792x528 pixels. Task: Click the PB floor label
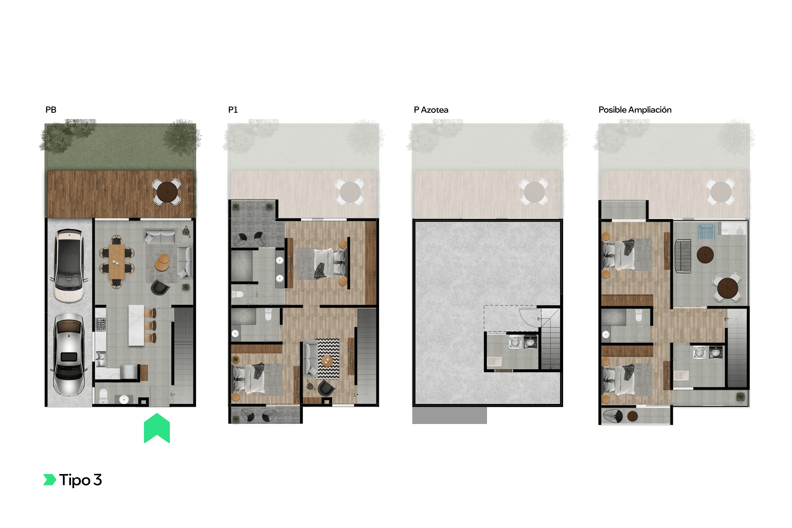coord(51,110)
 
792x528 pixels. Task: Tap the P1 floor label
coord(233,110)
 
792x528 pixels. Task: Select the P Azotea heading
coord(431,110)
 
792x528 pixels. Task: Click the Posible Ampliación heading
coord(635,110)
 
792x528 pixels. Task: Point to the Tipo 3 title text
coord(80,480)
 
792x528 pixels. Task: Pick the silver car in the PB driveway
coord(69,354)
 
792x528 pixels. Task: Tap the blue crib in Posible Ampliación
coord(706,231)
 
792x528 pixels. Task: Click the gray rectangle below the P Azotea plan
coord(449,415)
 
